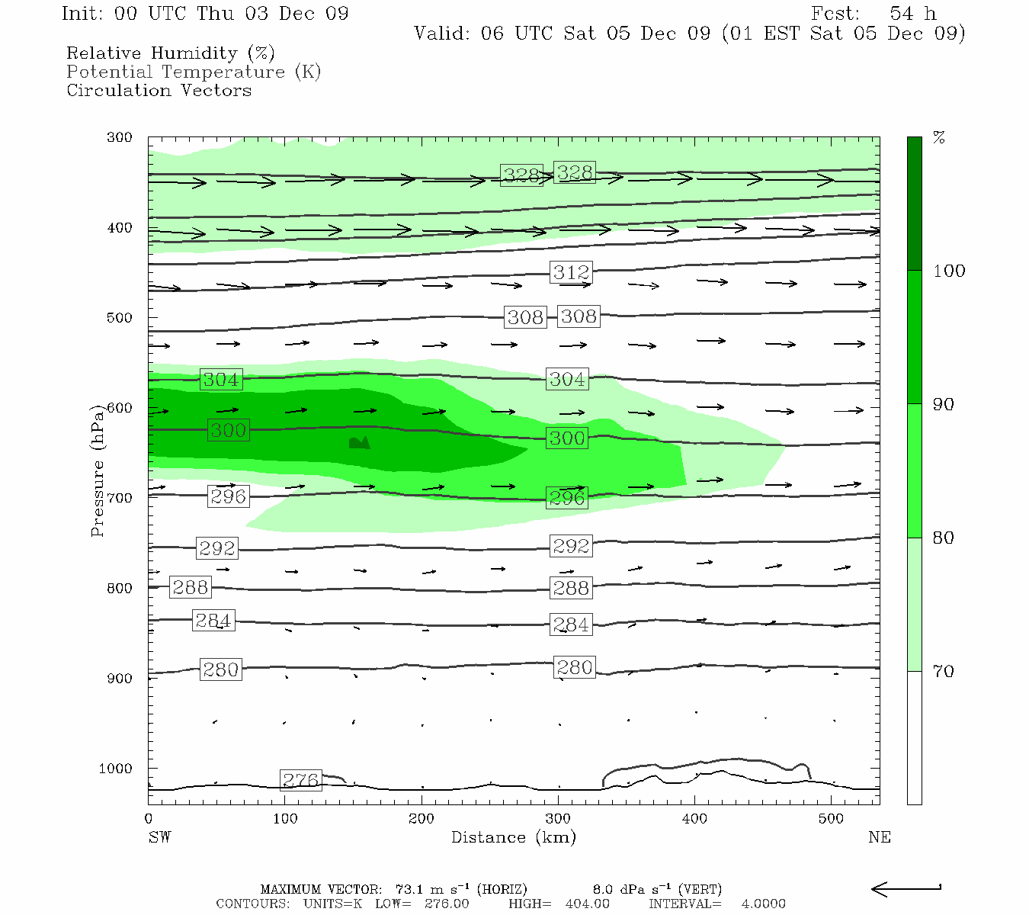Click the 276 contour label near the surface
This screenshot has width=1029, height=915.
pyautogui.click(x=301, y=780)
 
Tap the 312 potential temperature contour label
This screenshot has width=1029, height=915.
pyautogui.click(x=572, y=272)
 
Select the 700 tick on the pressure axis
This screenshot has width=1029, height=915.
pyautogui.click(x=120, y=498)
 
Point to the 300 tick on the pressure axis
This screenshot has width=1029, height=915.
pyautogui.click(x=120, y=137)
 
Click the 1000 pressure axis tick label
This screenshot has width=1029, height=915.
pyautogui.click(x=116, y=769)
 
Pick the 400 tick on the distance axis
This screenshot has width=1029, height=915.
pyautogui.click(x=694, y=819)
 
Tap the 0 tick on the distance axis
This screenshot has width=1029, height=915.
pyautogui.click(x=149, y=819)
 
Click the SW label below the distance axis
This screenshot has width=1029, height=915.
pyautogui.click(x=159, y=837)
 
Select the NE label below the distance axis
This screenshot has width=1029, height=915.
pyautogui.click(x=879, y=837)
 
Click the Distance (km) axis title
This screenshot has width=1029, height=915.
pyautogui.click(x=513, y=837)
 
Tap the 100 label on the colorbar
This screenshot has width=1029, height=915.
pyautogui.click(x=949, y=271)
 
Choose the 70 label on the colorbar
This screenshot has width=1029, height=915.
pyautogui.click(x=944, y=672)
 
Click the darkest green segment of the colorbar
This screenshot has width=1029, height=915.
pyautogui.click(x=914, y=204)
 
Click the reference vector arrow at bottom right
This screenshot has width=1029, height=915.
pyautogui.click(x=906, y=889)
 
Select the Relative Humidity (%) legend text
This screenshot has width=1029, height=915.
pyautogui.click(x=171, y=53)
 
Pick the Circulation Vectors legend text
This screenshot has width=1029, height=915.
pyautogui.click(x=159, y=90)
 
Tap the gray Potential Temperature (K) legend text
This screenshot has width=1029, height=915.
pyautogui.click(x=194, y=72)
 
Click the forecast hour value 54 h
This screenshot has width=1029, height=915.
pyautogui.click(x=912, y=14)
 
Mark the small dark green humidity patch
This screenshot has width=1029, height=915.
pyautogui.click(x=359, y=442)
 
